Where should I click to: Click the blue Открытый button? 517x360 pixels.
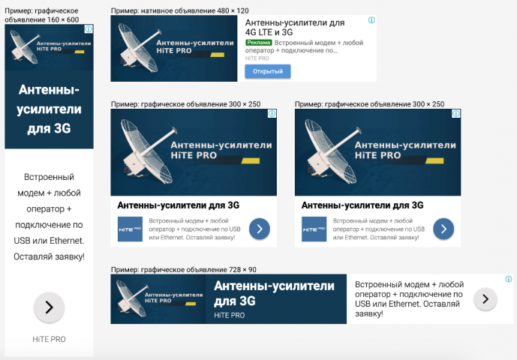267,71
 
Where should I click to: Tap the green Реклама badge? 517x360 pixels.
259,43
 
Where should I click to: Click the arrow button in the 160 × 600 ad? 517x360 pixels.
49,307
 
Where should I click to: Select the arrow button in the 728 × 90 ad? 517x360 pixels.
485,299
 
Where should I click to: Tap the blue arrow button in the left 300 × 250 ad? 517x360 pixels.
259,229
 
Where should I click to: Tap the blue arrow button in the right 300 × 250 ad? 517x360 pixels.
443,229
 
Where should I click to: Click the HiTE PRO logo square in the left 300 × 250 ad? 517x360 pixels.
129,229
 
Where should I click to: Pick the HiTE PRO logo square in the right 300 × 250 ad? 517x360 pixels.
314,229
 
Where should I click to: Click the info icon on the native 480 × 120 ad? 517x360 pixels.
371,20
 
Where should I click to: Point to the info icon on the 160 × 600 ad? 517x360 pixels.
89,29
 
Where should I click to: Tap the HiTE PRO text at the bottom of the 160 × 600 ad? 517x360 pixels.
49,339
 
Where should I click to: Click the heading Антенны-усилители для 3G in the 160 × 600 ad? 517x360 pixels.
49,109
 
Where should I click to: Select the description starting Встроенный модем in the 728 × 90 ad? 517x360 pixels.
409,298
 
